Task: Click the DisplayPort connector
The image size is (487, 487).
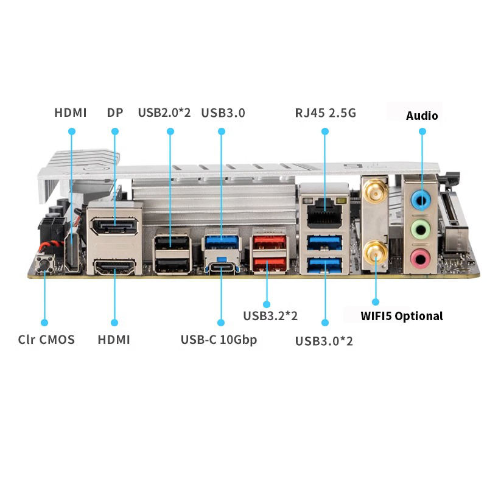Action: coord(114,228)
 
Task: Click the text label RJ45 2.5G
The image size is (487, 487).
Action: coord(325,113)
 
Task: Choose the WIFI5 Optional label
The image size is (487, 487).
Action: coord(402,316)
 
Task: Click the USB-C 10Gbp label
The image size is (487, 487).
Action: coord(219,340)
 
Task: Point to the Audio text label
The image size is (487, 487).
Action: coord(422,115)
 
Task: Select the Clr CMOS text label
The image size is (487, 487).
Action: coord(46,340)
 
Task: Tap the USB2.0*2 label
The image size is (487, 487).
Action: coord(164,113)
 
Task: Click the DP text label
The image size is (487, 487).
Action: coord(114,113)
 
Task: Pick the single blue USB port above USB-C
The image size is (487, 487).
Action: coord(221,242)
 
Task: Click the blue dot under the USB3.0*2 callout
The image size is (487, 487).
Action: coord(325,322)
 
